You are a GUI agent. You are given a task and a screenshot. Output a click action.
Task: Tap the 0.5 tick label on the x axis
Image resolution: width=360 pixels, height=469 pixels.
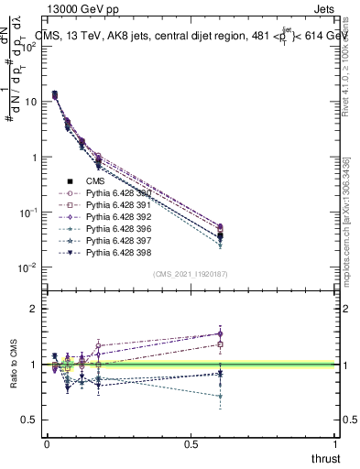(x=191, y=445)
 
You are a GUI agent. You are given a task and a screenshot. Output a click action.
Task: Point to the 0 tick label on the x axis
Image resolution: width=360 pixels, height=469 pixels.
(x=47, y=445)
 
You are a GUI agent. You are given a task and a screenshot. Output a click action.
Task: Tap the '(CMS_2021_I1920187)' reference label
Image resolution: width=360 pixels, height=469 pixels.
(x=191, y=274)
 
